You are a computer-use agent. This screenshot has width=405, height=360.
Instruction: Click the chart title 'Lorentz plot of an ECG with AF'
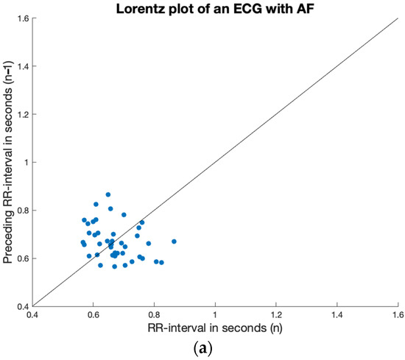pos(215,7)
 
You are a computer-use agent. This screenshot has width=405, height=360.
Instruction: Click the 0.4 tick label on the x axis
pos(32,314)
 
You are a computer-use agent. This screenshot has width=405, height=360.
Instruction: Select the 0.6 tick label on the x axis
pos(93,314)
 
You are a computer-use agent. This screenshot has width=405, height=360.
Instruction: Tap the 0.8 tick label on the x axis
pos(154,314)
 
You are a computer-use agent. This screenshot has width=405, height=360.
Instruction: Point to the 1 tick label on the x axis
pos(215,314)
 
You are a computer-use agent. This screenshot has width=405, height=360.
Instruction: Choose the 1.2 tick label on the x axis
pos(276,314)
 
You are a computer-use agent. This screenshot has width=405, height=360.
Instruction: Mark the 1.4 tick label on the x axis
pos(337,314)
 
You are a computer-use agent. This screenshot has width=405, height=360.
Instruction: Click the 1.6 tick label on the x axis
pos(397,314)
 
